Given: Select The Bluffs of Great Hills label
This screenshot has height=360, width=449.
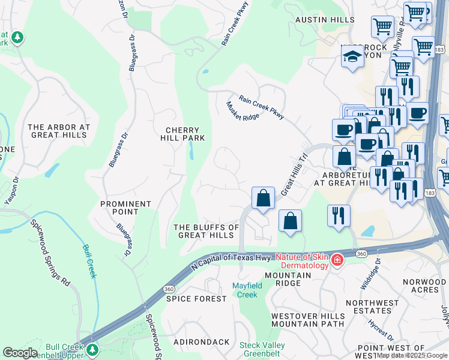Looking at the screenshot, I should point(206,231).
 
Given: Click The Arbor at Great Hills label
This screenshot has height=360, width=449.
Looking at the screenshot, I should point(59,131).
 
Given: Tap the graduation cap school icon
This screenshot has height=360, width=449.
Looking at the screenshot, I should point(352,57).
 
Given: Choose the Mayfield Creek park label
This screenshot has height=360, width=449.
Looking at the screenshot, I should point(247,290).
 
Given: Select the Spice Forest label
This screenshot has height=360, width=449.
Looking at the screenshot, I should point(190,299).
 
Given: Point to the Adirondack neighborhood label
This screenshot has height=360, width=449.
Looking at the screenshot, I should point(202,342).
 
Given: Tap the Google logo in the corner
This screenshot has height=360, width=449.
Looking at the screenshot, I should point(19,352).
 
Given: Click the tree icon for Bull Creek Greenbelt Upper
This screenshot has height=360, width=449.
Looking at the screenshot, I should point(92,349).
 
